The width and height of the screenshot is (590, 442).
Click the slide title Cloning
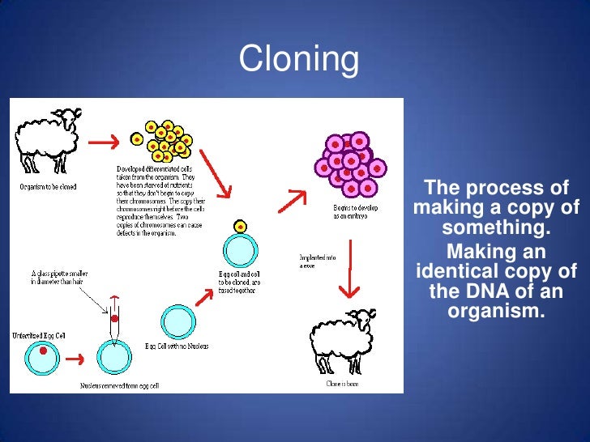[298, 59]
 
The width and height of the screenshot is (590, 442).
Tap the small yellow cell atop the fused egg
[241, 227]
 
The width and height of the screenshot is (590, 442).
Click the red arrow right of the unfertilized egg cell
[75, 358]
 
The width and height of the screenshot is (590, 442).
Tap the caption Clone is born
[341, 384]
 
